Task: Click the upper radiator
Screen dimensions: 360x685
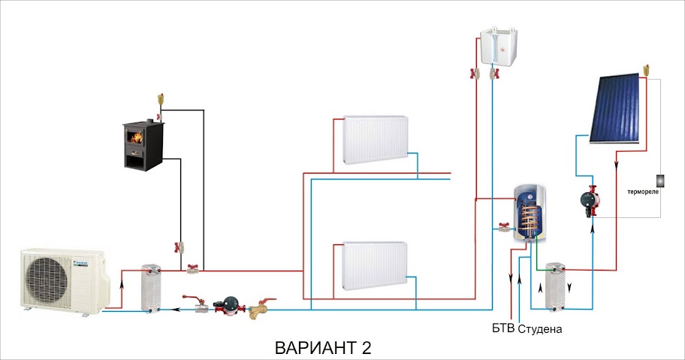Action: coord(375,141)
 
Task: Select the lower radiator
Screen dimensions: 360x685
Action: coord(375,265)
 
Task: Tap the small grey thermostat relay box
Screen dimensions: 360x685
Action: coord(661,180)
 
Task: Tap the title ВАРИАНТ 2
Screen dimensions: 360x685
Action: coord(323,348)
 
